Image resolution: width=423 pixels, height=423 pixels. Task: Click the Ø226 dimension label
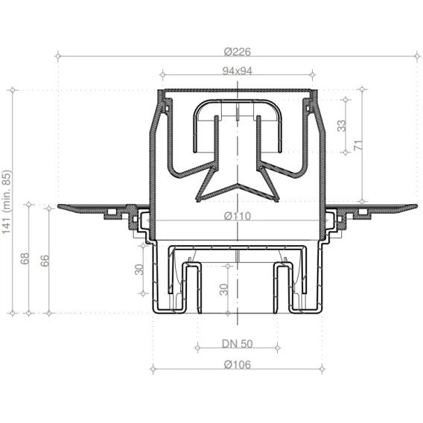tap(237, 51)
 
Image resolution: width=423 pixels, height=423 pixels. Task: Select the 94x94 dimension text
tap(238, 71)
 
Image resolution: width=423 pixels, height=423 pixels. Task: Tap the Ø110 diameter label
tap(238, 216)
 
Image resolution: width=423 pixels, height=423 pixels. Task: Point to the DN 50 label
tap(238, 344)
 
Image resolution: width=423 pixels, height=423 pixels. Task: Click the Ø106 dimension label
tap(238, 365)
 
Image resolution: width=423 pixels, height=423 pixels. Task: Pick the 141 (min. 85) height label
tap(7, 203)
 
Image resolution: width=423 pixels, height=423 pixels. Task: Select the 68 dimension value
tap(25, 258)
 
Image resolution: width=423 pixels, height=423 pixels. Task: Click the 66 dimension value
tap(45, 261)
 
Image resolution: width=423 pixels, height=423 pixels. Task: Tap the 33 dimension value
tap(342, 126)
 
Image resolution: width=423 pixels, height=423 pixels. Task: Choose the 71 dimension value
tap(358, 145)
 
